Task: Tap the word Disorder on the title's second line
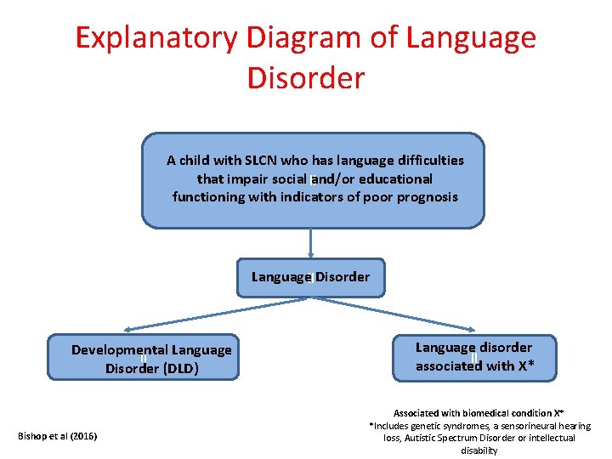[305, 77]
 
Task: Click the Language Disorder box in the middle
[310, 277]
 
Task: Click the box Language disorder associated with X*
[473, 357]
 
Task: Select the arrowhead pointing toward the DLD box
[127, 330]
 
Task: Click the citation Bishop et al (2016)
[57, 436]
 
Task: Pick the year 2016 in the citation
[82, 436]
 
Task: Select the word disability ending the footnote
[479, 450]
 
